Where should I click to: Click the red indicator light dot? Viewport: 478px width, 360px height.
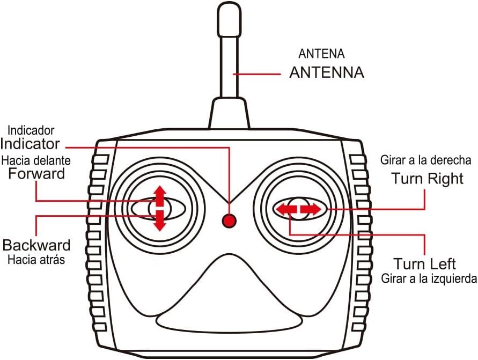point(230,220)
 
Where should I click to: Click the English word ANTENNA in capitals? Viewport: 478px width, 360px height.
point(326,72)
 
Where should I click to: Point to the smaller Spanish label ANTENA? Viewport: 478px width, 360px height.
point(321,54)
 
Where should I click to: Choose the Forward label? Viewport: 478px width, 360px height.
point(37,174)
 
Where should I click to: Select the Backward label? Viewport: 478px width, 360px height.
point(36,246)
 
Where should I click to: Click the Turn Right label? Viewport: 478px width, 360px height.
point(427,179)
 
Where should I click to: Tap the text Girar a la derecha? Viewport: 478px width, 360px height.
point(426,160)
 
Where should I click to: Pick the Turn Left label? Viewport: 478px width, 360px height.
point(425,264)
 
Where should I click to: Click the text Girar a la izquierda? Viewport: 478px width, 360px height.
point(429,278)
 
